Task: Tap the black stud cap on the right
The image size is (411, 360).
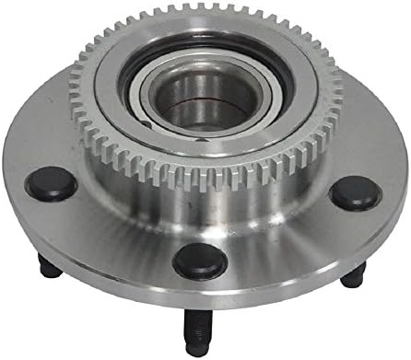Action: point(356,192)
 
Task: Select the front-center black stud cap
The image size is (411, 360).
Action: point(200,260)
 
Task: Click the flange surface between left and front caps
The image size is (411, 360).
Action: point(111,235)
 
